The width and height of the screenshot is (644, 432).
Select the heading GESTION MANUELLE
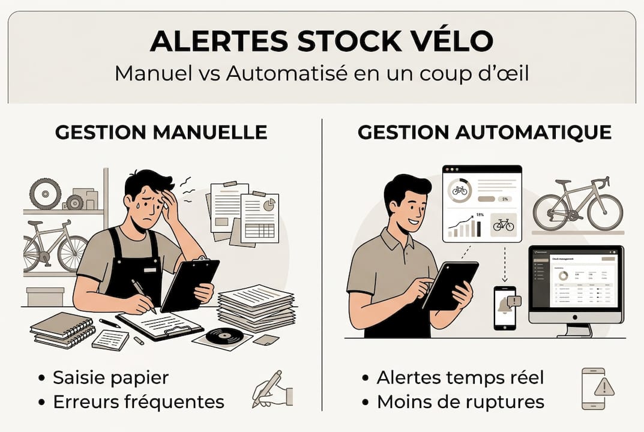161,132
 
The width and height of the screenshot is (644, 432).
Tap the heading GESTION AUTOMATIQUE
484,132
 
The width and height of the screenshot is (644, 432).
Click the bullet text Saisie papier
110,377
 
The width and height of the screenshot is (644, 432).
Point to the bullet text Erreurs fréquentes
138,401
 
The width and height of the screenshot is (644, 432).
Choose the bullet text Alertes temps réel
460,377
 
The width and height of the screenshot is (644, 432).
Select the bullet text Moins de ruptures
460,401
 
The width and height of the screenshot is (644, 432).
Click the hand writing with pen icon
272,389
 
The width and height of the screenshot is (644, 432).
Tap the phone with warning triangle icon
597,389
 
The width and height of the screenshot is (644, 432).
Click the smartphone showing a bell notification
504,307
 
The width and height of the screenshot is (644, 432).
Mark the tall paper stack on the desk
255,308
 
